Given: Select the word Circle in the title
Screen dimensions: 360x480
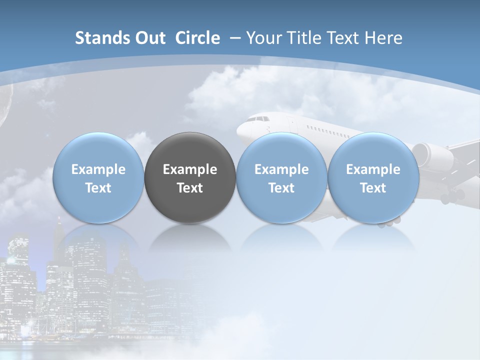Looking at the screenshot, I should point(197,38).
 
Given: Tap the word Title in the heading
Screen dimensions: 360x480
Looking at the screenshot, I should point(304,38).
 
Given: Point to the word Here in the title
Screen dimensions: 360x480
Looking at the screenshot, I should point(383,38).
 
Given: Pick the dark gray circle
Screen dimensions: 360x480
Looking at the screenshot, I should point(190,177).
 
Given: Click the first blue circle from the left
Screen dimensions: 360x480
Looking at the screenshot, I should point(98,177).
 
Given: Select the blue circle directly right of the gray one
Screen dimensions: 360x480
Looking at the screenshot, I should point(281,177).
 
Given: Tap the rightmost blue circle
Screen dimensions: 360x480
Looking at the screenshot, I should point(373,177).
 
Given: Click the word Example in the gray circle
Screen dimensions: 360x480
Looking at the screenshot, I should point(190,169).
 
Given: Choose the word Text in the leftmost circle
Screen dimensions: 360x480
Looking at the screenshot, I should point(98,188).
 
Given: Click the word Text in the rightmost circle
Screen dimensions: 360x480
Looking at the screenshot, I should point(373,188).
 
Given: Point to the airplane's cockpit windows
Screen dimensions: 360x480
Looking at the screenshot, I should point(258,119).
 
